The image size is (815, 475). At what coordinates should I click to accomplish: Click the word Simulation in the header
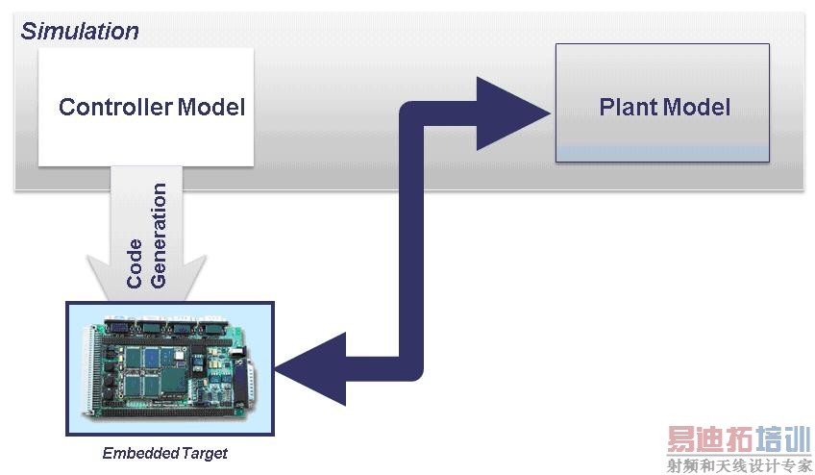(80, 31)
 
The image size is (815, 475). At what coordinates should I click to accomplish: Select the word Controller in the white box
(114, 107)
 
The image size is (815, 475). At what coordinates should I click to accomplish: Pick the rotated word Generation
(159, 236)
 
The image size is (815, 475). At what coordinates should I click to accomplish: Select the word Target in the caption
(205, 453)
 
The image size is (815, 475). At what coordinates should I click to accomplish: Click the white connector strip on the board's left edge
(92, 370)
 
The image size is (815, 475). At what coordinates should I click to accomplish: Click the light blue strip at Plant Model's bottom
(662, 153)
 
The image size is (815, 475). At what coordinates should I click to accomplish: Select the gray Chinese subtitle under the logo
(738, 465)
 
